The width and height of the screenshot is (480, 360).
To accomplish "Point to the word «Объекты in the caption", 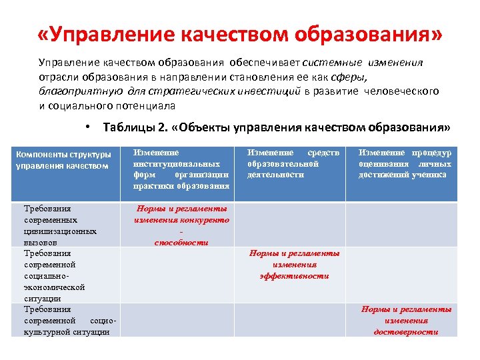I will click(x=206, y=127).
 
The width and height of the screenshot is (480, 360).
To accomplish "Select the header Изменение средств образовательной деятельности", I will click(x=293, y=164).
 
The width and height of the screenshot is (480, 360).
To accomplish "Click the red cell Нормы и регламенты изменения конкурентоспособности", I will click(x=181, y=225).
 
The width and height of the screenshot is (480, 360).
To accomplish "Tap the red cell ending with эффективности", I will click(x=294, y=265).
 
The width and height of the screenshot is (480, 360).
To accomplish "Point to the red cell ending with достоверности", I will click(x=406, y=320).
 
